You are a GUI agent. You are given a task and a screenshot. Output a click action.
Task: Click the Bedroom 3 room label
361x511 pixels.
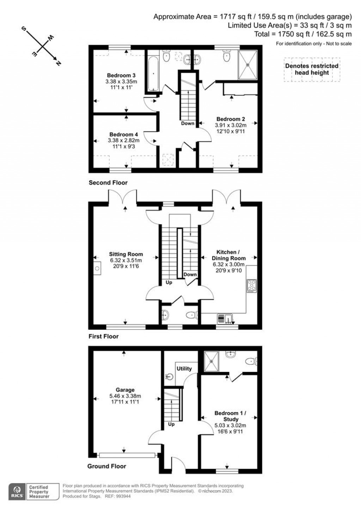pos(121,75)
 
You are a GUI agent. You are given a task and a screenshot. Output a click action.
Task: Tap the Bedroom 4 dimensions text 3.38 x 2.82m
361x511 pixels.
pos(123,140)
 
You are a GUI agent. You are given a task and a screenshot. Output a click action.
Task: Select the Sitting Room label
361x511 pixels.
pos(126,254)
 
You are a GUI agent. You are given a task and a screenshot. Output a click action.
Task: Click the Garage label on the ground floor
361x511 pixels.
pos(125,390)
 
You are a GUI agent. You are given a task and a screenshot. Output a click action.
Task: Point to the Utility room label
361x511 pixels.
pos(184,369)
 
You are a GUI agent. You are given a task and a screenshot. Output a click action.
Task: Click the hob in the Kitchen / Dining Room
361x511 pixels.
pos(251,286)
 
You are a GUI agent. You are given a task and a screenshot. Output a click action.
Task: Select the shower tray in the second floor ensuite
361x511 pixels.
pos(247,65)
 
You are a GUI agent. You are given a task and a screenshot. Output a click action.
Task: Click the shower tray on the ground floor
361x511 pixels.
pos(211,361)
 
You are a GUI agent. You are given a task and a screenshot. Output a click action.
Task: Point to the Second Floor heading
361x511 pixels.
pos(108,183)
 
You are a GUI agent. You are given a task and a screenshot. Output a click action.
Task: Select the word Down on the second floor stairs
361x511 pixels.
pos(188,123)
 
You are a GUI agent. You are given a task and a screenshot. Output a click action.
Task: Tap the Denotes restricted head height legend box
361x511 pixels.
pos(312,70)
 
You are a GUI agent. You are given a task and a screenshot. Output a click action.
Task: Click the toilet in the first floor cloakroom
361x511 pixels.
pos(192,315)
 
